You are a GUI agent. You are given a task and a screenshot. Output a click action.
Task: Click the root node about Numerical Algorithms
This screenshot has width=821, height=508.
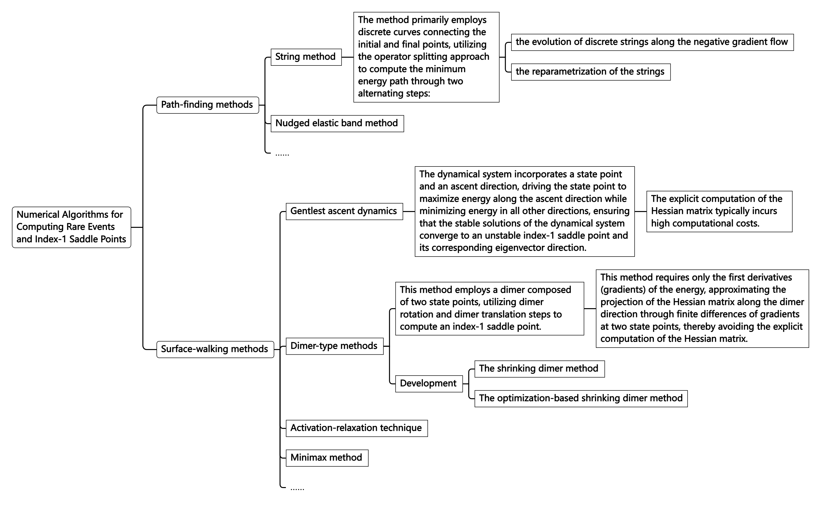pyautogui.click(x=71, y=227)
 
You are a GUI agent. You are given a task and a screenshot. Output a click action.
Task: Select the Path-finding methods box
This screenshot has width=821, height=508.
pyautogui.click(x=207, y=105)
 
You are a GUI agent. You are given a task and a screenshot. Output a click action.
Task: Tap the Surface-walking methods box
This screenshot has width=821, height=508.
pyautogui.click(x=215, y=349)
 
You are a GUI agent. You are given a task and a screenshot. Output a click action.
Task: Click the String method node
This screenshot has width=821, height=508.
pyautogui.click(x=306, y=57)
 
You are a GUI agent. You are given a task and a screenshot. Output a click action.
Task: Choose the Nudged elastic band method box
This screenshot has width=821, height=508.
pyautogui.click(x=337, y=123)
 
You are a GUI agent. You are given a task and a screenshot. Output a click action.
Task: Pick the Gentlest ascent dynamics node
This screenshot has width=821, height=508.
pyautogui.click(x=344, y=211)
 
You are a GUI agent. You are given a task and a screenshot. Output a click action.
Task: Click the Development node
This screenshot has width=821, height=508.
pyautogui.click(x=429, y=383)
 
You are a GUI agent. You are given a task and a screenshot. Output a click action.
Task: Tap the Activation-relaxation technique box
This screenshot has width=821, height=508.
pyautogui.click(x=356, y=428)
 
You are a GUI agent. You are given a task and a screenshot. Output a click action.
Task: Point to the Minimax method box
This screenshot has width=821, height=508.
pyautogui.click(x=326, y=458)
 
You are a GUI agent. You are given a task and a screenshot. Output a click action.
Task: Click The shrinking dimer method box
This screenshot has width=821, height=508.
pyautogui.click(x=539, y=369)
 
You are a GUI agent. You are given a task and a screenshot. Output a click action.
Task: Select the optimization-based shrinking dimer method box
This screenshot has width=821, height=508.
pyautogui.click(x=581, y=398)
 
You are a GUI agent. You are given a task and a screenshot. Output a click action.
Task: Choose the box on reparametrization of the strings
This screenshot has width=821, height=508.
pyautogui.click(x=590, y=72)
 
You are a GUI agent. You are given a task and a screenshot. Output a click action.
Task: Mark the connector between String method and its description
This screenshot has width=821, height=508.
pyautogui.click(x=347, y=57)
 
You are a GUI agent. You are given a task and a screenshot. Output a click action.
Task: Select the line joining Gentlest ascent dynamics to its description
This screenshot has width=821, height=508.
pyautogui.click(x=409, y=211)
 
